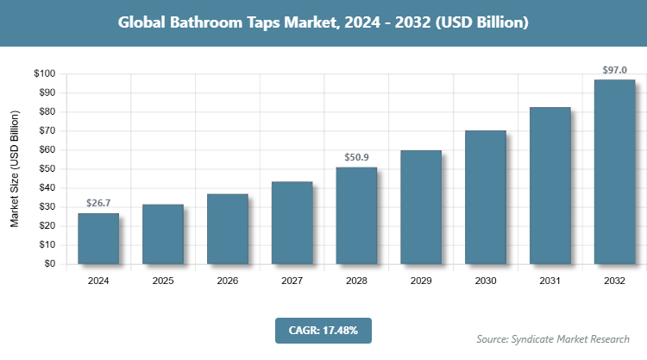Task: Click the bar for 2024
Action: click(98, 238)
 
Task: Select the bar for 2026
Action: click(227, 229)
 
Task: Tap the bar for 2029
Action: click(421, 207)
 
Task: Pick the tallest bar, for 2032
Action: click(614, 172)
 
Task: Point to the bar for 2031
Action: click(550, 186)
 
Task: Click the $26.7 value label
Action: click(98, 203)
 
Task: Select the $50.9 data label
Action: click(356, 157)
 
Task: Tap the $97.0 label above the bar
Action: click(614, 69)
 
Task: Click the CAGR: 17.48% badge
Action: click(323, 330)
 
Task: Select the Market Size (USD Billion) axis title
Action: click(15, 169)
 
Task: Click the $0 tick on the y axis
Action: click(50, 264)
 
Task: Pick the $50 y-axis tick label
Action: click(47, 169)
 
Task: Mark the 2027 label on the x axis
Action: click(292, 281)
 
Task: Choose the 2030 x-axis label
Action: click(485, 281)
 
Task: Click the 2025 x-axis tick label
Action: click(163, 281)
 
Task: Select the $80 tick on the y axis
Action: click(47, 112)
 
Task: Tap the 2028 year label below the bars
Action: click(356, 281)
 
